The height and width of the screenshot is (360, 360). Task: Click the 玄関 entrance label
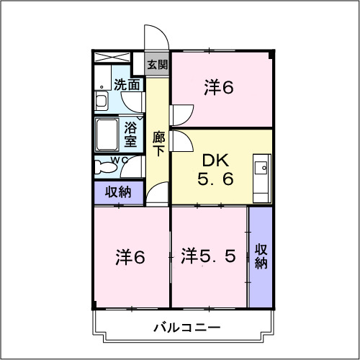coord(157,64)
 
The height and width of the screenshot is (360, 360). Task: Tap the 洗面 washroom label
coord(127,84)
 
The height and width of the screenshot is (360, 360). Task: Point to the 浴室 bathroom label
coord(130,135)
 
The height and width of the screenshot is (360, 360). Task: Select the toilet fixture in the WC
coord(104,167)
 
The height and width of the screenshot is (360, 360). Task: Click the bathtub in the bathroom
coord(107,135)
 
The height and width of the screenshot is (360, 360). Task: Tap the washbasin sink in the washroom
coord(102,101)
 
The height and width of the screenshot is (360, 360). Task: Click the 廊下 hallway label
coord(158,143)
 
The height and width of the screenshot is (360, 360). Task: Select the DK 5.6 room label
coord(215,170)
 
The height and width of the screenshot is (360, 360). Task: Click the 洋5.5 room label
coord(208,256)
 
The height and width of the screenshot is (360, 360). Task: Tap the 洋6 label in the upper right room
coord(219,88)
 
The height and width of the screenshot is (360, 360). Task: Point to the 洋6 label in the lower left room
coord(130,257)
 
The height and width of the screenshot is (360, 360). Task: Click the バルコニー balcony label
coord(187,328)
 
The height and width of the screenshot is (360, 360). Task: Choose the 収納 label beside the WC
coord(118,192)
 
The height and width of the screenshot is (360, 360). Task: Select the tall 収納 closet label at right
coord(261,256)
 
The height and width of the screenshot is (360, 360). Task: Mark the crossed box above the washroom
coord(112,58)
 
